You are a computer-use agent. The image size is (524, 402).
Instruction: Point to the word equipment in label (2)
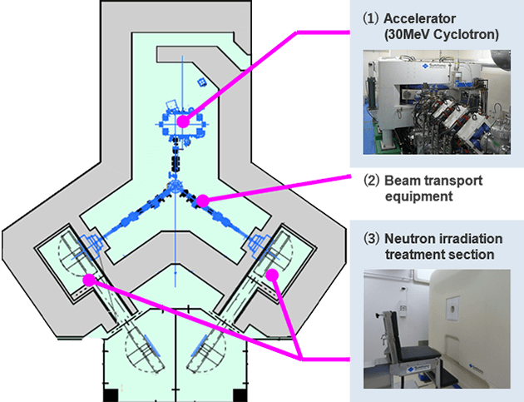tap(419, 197)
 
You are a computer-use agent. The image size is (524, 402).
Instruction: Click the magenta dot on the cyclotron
tap(183, 122)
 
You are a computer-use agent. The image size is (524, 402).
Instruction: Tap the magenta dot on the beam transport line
tap(203, 200)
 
